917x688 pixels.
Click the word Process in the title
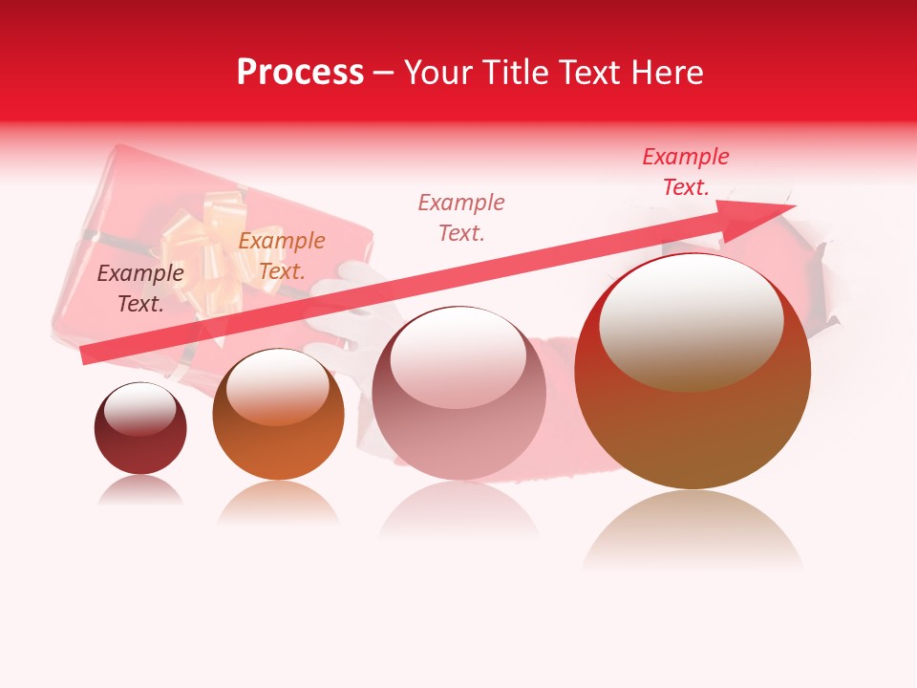[x=300, y=73]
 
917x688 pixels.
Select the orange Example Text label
[x=281, y=256]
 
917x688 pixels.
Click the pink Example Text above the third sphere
[x=460, y=217]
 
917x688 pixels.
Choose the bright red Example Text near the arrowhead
[x=685, y=172]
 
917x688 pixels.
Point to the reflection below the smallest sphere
[x=140, y=491]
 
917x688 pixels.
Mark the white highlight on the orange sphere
[x=278, y=382]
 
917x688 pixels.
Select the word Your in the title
[x=438, y=73]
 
